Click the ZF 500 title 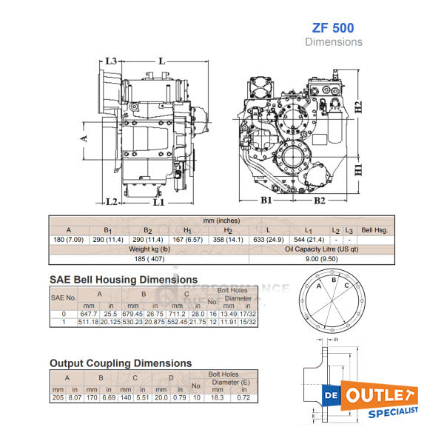[x=334, y=28]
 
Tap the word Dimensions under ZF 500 [x=334, y=42]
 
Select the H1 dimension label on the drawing [x=357, y=169]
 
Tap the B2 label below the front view [x=320, y=200]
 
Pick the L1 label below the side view [x=158, y=201]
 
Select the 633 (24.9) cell [x=267, y=240]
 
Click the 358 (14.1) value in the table [x=227, y=240]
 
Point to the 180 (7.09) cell [x=68, y=240]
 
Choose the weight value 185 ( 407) [x=148, y=260]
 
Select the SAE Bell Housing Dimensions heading [x=123, y=280]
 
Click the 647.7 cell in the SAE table [x=90, y=314]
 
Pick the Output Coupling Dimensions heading [x=120, y=363]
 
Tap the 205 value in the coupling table [x=58, y=397]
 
